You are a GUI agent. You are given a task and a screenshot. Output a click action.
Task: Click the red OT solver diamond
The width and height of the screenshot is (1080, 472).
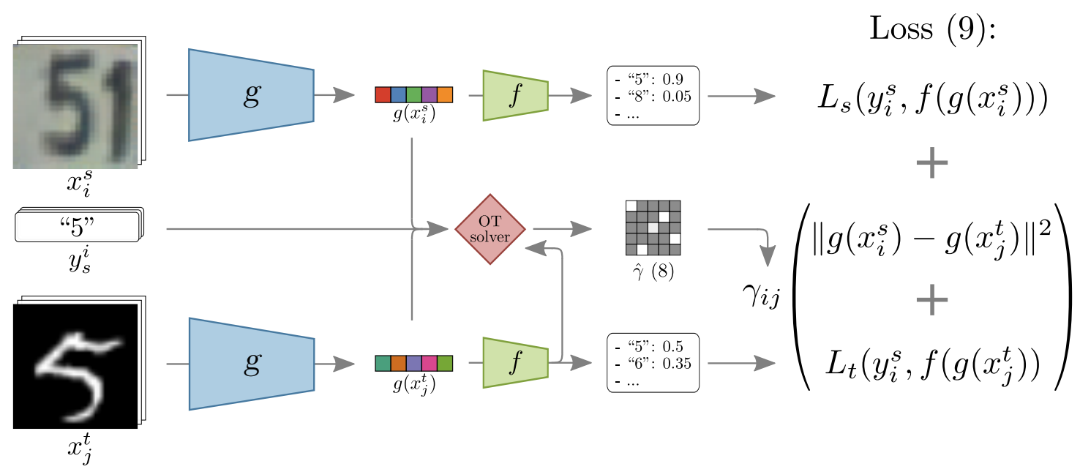tap(490, 229)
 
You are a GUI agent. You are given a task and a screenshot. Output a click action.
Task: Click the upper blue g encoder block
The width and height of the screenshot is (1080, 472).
tap(251, 94)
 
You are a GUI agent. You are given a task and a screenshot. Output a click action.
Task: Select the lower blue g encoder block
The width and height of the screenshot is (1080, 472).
tap(251, 363)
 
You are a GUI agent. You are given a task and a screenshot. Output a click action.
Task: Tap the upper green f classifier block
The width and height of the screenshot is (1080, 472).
tap(515, 95)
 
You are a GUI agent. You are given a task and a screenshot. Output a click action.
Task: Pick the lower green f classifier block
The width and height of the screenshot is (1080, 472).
tap(515, 363)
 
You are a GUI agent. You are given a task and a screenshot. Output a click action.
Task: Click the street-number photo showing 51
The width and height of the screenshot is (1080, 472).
tap(75, 106)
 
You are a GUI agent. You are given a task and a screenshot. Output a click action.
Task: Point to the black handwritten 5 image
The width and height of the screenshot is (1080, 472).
tap(75, 365)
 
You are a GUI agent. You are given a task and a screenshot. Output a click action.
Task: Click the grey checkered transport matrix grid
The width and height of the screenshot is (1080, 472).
tap(653, 228)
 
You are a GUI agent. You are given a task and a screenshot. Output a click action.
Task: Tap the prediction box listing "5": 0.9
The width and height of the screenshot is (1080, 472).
tap(653, 95)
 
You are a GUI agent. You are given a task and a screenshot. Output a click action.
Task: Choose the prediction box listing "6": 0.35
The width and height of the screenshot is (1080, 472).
tap(653, 363)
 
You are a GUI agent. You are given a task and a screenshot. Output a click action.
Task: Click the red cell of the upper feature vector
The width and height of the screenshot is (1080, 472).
tap(383, 95)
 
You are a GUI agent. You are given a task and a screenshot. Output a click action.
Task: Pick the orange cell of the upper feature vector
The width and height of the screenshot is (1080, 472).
tap(445, 95)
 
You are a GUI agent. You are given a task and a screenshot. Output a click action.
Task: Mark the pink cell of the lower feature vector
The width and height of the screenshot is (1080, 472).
tap(430, 363)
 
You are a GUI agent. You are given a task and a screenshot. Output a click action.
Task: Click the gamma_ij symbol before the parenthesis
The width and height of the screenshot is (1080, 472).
tap(761, 298)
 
